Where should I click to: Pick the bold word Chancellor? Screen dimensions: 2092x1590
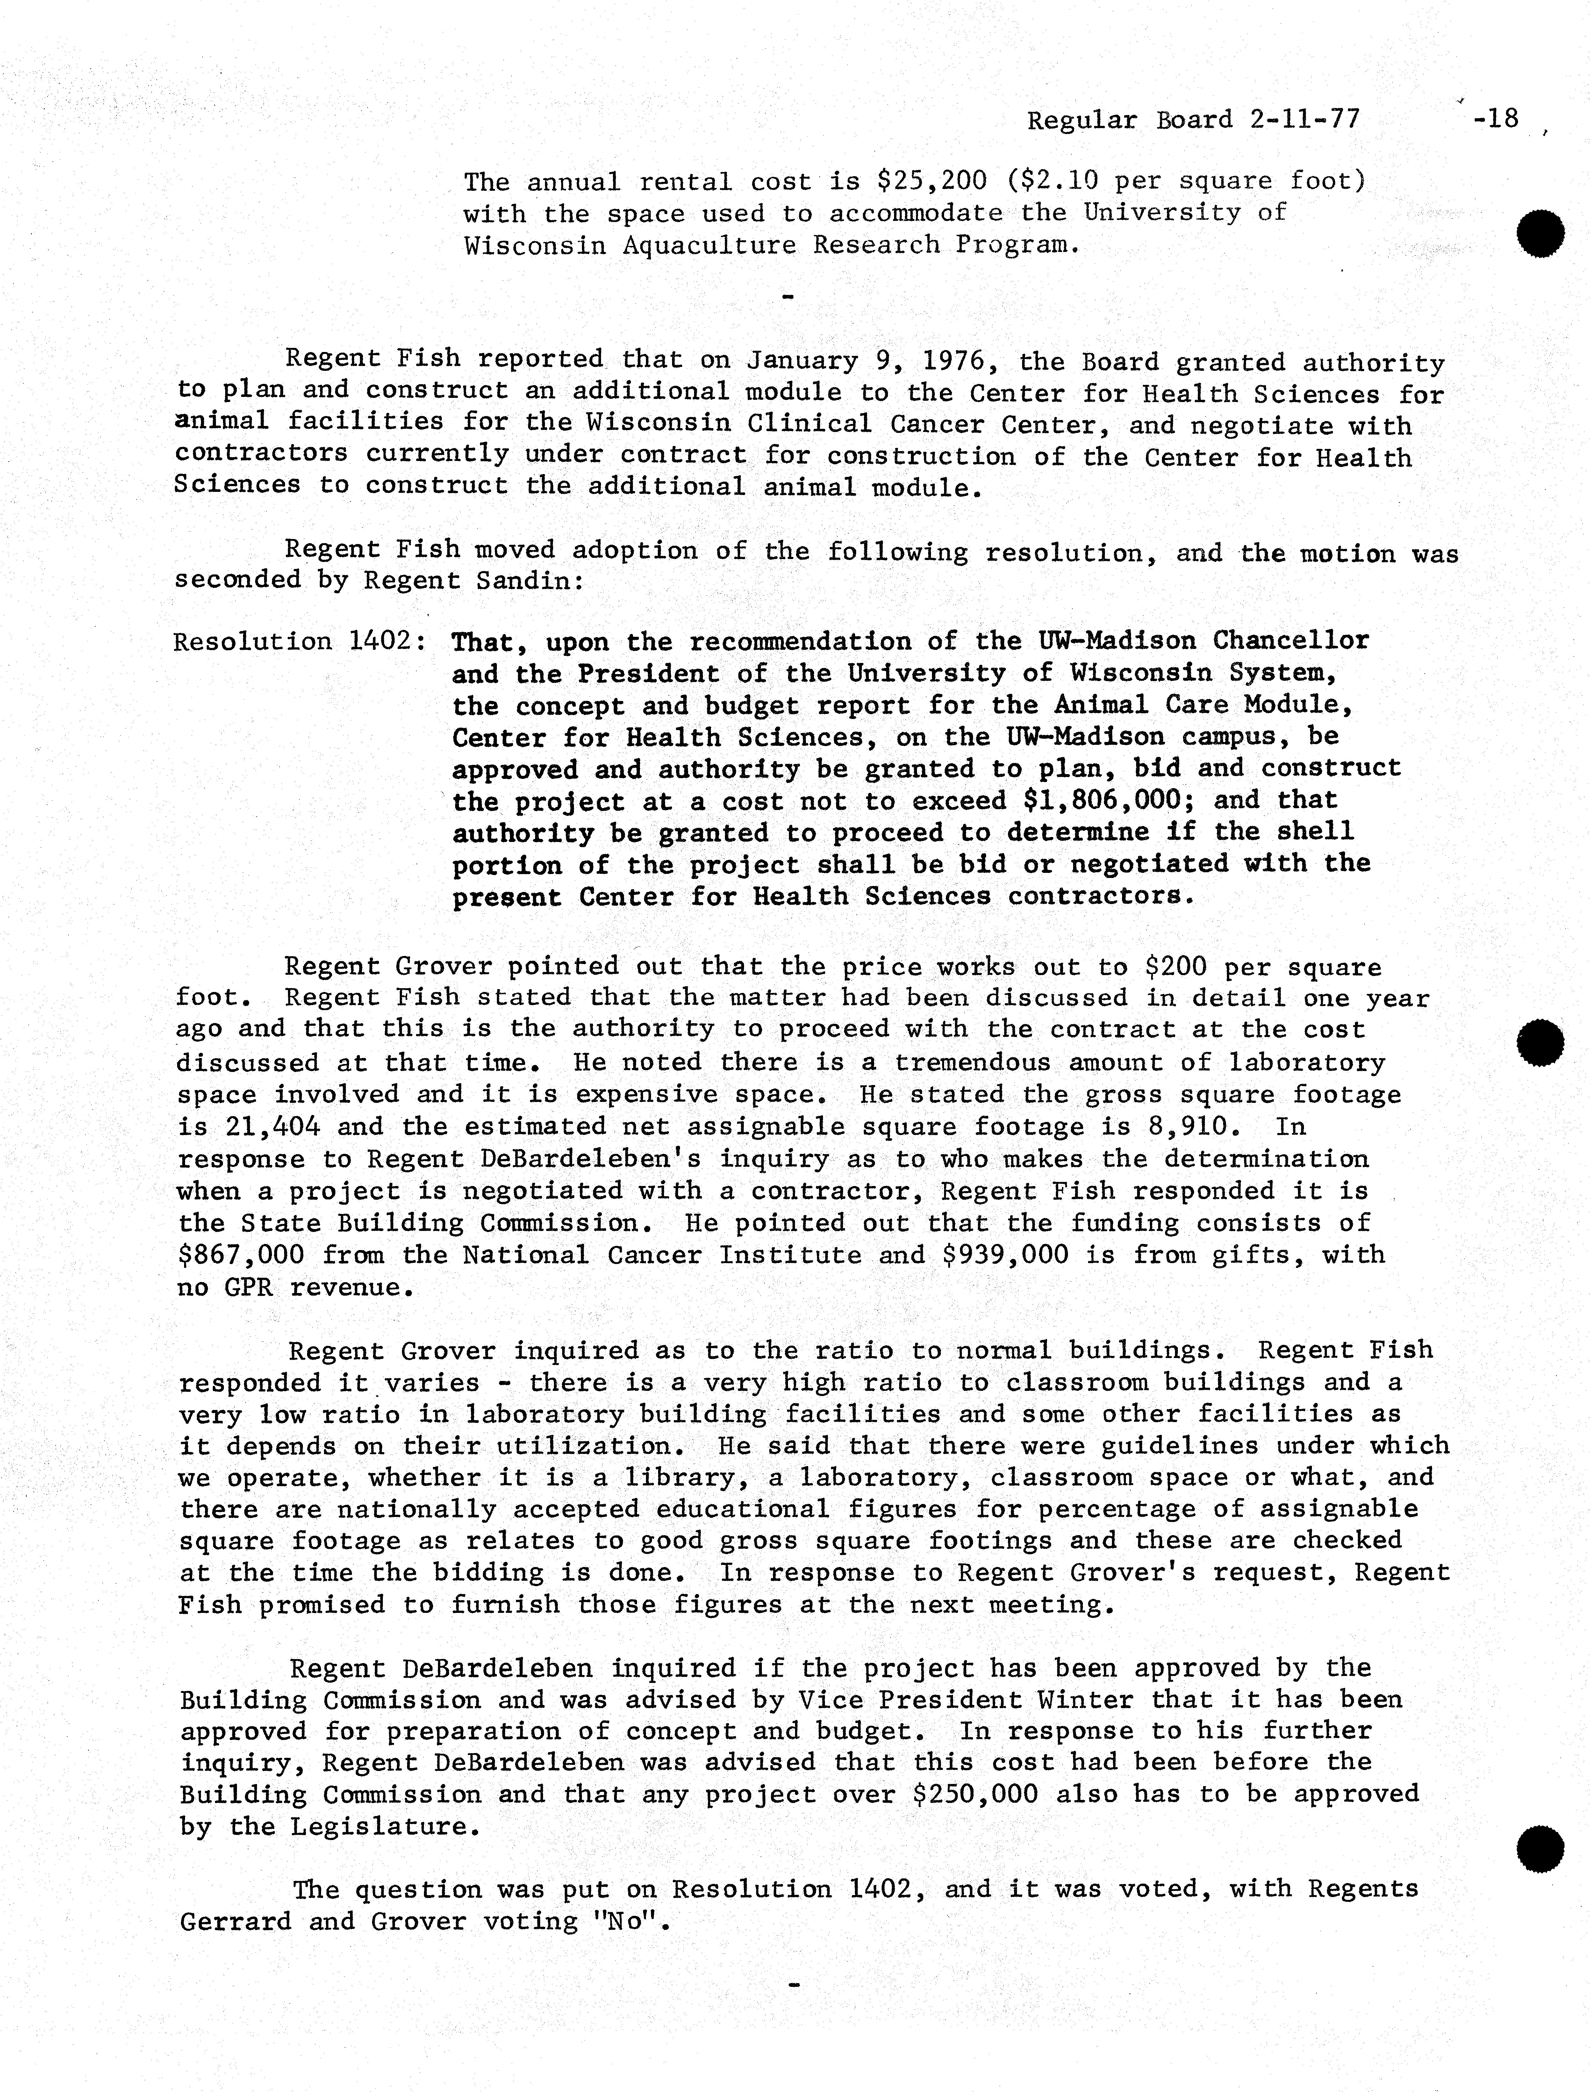pos(1291,641)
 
